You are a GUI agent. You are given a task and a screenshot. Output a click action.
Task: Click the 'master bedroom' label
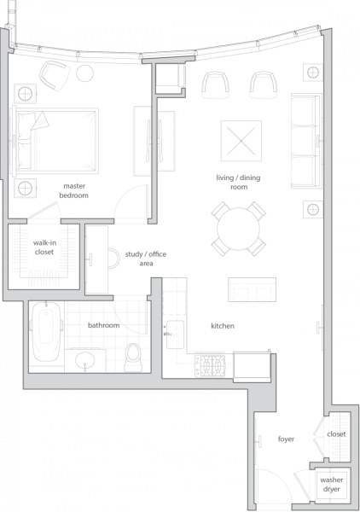pos(73,190)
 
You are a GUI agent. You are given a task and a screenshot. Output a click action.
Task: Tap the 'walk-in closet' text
pos(44,247)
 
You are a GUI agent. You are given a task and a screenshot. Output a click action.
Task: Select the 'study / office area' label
pos(146,259)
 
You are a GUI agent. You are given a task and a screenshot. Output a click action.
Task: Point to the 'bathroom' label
pos(103,325)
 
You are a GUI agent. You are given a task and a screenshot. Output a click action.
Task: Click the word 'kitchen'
pos(223,326)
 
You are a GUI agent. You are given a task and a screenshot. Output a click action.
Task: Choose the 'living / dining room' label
pos(238,183)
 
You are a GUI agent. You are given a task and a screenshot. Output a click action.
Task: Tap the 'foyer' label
pos(287,439)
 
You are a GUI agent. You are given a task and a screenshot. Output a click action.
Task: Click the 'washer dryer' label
pos(332,484)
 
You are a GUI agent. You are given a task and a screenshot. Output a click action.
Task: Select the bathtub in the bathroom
pos(46,331)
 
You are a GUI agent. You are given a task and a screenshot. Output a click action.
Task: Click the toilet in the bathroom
pos(133,357)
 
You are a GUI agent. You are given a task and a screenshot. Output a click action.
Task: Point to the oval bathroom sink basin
pos(84,360)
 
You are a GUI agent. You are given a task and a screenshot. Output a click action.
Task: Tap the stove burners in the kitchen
pos(210,365)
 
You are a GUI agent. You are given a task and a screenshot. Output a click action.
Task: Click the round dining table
pos(238,229)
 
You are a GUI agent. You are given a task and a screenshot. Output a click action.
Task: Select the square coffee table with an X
pos(241,141)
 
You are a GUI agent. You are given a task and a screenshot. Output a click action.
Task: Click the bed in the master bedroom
pos(55,141)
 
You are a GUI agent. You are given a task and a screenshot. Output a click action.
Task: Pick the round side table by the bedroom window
pos(84,73)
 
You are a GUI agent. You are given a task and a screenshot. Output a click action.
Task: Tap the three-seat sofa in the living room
pos(305,141)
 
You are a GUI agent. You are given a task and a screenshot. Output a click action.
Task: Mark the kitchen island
pos(252,289)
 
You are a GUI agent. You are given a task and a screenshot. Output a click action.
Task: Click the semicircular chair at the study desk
pos(114,258)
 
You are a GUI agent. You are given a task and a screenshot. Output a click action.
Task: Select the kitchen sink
pos(175,335)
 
